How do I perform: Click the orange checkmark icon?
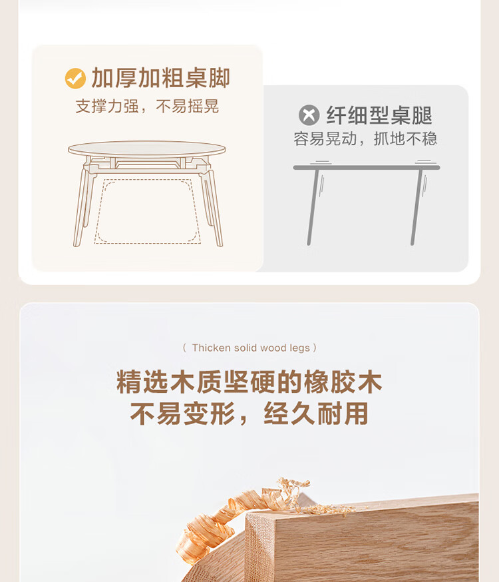coord(75,79)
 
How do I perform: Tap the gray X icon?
coord(309,115)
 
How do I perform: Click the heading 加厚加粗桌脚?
coord(161,79)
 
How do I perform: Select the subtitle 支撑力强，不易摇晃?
coord(147,106)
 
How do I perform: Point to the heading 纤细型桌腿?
coord(379,115)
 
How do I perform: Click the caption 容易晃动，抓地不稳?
coord(365,139)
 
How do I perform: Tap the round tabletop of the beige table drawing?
coord(147,148)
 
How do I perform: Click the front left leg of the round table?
coord(81,208)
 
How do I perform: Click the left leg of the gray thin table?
coord(313,207)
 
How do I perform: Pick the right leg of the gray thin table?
coord(417,207)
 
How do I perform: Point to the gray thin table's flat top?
coord(367,167)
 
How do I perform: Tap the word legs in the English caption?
coord(300,348)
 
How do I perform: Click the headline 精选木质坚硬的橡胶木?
coord(249,382)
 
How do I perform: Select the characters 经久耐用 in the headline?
coord(316,414)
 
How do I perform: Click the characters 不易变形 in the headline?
coord(183,414)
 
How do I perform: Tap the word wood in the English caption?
coord(273,348)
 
